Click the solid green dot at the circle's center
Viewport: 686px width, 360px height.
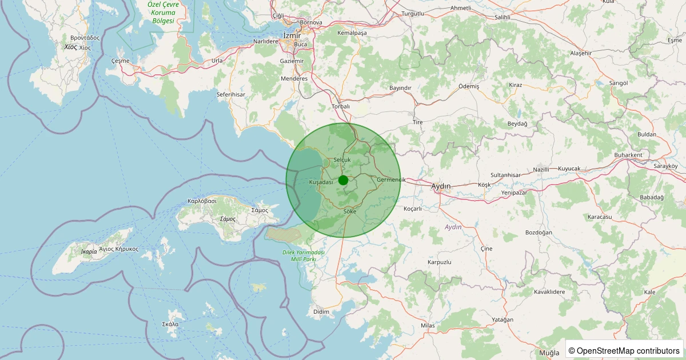pyautogui.click(x=343, y=180)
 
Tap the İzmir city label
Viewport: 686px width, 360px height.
pyautogui.click(x=292, y=35)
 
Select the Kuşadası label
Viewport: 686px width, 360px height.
pyautogui.click(x=321, y=182)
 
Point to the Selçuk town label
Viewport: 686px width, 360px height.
pyautogui.click(x=342, y=159)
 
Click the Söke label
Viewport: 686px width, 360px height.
pyautogui.click(x=350, y=211)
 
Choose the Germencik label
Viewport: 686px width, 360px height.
pyautogui.click(x=391, y=180)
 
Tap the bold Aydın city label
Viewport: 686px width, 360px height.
pyautogui.click(x=441, y=186)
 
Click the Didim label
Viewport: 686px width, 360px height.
pyautogui.click(x=321, y=311)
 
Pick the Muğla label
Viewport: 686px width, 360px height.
pyautogui.click(x=549, y=353)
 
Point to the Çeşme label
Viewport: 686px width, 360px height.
pyautogui.click(x=121, y=61)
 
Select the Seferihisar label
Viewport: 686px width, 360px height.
pyautogui.click(x=231, y=94)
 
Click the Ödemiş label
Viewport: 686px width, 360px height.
pyautogui.click(x=469, y=86)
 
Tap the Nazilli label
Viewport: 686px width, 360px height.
pyautogui.click(x=541, y=170)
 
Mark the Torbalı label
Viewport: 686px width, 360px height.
pyautogui.click(x=341, y=106)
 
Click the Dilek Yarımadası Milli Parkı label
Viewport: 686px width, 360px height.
pyautogui.click(x=304, y=255)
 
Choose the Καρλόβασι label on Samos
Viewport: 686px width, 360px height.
pyautogui.click(x=202, y=201)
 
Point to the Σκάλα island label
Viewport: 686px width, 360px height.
pyautogui.click(x=170, y=324)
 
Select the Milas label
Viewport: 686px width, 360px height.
pyautogui.click(x=428, y=325)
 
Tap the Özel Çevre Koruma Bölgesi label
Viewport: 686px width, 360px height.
pyautogui.click(x=163, y=12)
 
